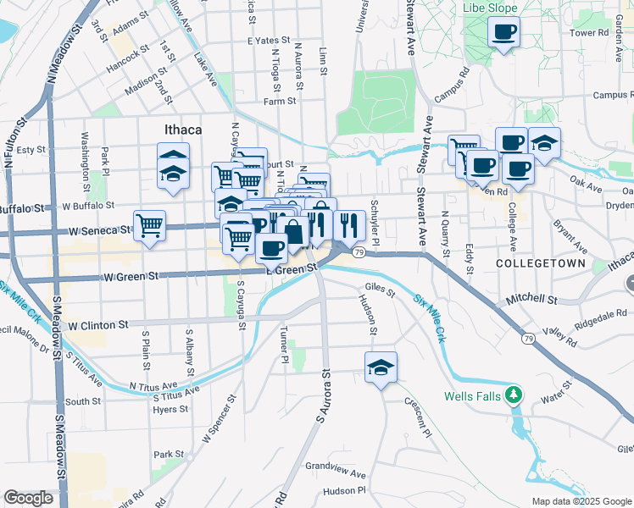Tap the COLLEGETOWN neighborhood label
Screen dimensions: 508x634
point(540,264)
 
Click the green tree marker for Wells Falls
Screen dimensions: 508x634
point(512,395)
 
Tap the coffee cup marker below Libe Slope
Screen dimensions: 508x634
point(503,33)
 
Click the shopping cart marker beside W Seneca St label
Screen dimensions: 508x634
point(150,226)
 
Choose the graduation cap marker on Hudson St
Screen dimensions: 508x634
point(381,367)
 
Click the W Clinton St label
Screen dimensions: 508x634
point(97,324)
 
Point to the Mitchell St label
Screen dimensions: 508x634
point(531,300)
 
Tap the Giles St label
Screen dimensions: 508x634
point(380,294)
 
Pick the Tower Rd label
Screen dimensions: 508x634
point(590,33)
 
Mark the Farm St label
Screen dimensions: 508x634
point(279,101)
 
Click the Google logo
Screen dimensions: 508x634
point(28,498)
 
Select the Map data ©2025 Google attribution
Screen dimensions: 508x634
point(581,500)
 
